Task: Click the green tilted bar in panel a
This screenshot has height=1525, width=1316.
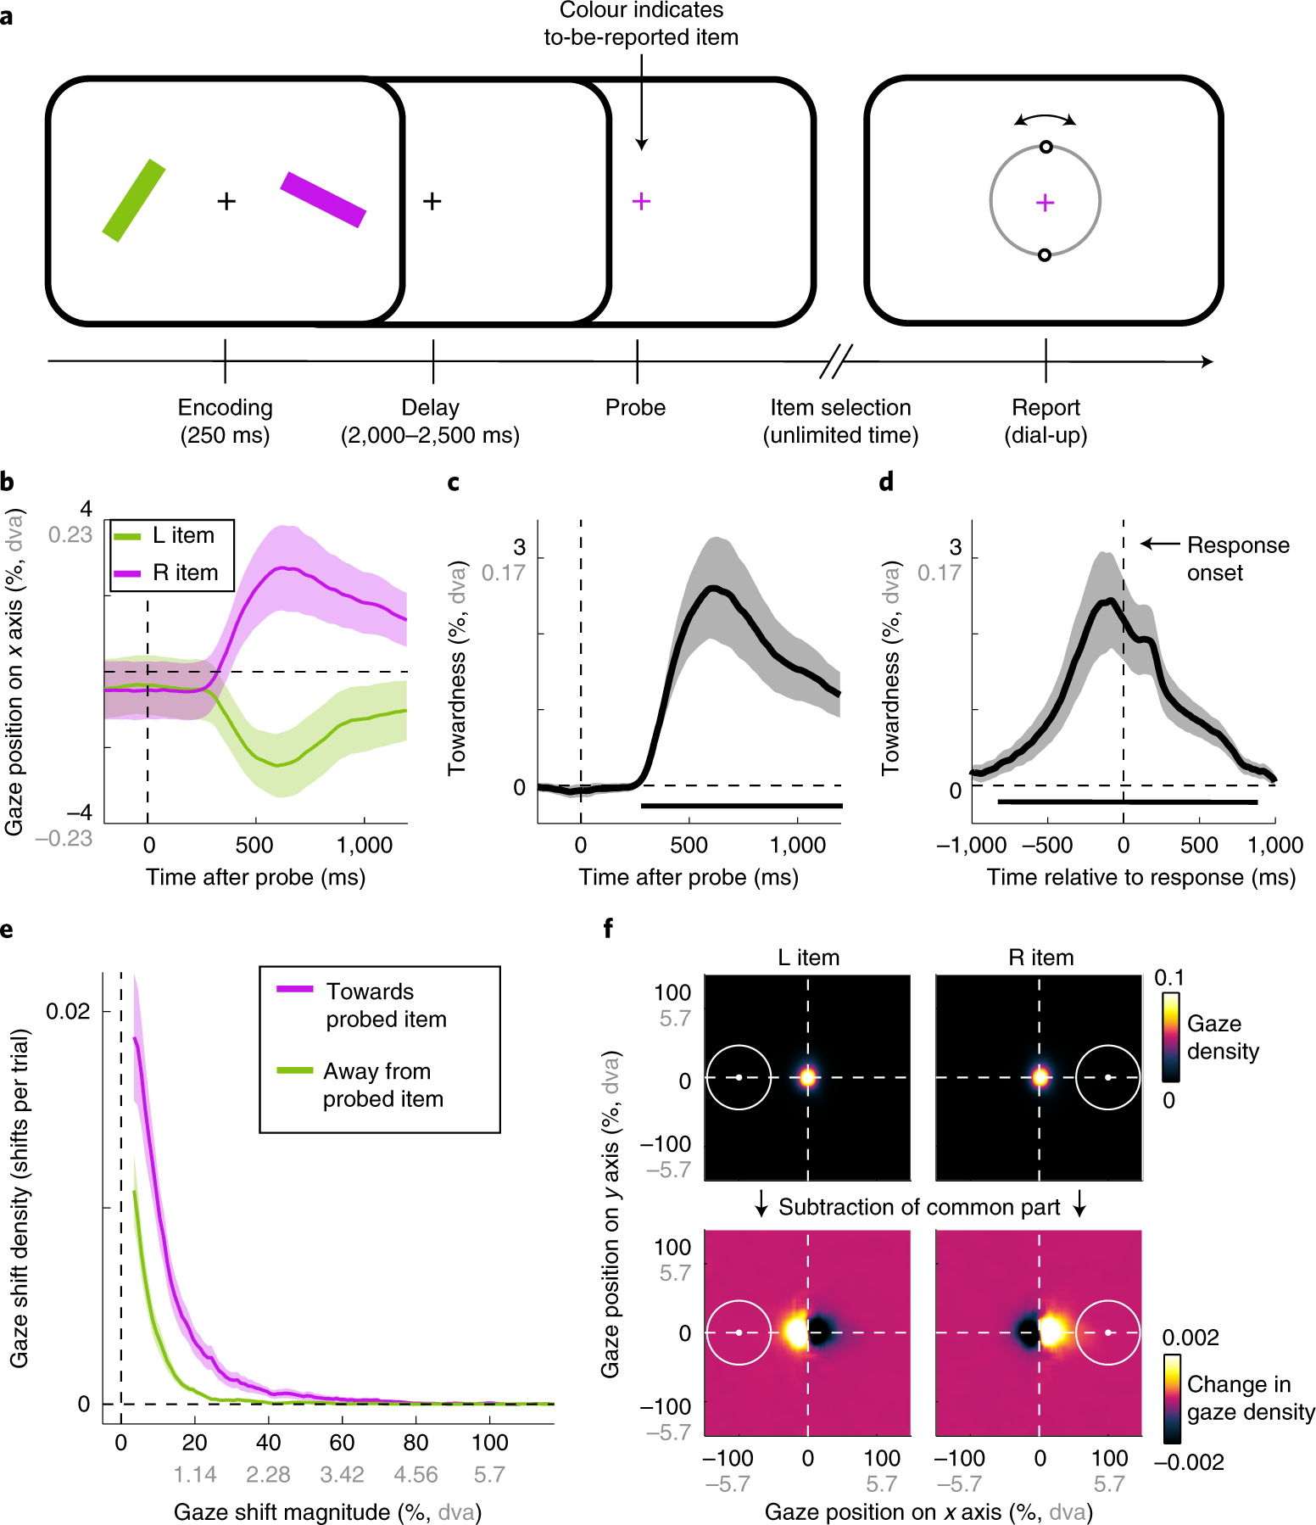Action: coord(134,200)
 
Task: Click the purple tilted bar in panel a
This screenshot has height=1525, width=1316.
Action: coord(323,199)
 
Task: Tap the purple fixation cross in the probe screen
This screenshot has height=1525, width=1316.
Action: coord(642,201)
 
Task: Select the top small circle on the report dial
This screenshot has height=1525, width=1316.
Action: coord(1046,148)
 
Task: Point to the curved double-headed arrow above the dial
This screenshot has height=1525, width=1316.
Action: coord(1046,119)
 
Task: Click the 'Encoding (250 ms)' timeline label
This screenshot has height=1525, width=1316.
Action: coord(225,421)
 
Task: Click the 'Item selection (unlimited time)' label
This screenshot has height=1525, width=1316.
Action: coord(840,421)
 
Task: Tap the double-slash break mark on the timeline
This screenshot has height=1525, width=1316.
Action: coord(836,362)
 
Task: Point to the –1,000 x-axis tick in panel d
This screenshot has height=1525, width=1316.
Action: coord(972,846)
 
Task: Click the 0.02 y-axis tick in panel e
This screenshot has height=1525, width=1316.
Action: coord(67,1012)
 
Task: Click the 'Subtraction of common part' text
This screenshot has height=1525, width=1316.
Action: coord(919,1207)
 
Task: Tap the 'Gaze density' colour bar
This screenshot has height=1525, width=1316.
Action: coord(1170,1037)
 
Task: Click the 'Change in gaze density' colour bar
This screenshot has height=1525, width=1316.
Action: coord(1172,1399)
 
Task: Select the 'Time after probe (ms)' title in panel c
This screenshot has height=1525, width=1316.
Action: coord(689,877)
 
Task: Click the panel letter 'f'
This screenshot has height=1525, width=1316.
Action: coord(608,929)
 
